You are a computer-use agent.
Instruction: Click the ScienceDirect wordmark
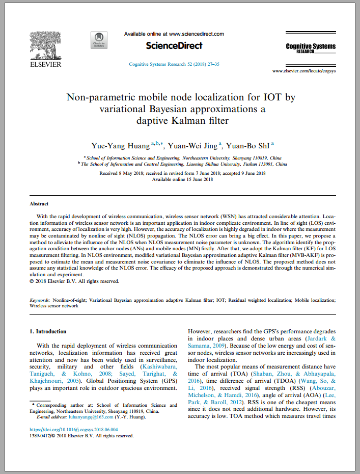174,46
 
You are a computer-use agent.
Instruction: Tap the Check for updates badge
98,40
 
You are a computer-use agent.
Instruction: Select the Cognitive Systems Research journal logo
311,48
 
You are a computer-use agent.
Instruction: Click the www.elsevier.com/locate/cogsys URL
304,71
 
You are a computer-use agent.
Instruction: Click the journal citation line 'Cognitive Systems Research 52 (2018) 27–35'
174,64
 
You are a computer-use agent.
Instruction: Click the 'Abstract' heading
39,203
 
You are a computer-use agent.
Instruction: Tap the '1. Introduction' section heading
48,331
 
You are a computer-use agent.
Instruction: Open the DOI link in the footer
74,430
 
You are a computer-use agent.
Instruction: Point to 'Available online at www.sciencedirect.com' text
174,34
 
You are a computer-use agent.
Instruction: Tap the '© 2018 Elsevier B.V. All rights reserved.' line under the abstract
74,281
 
